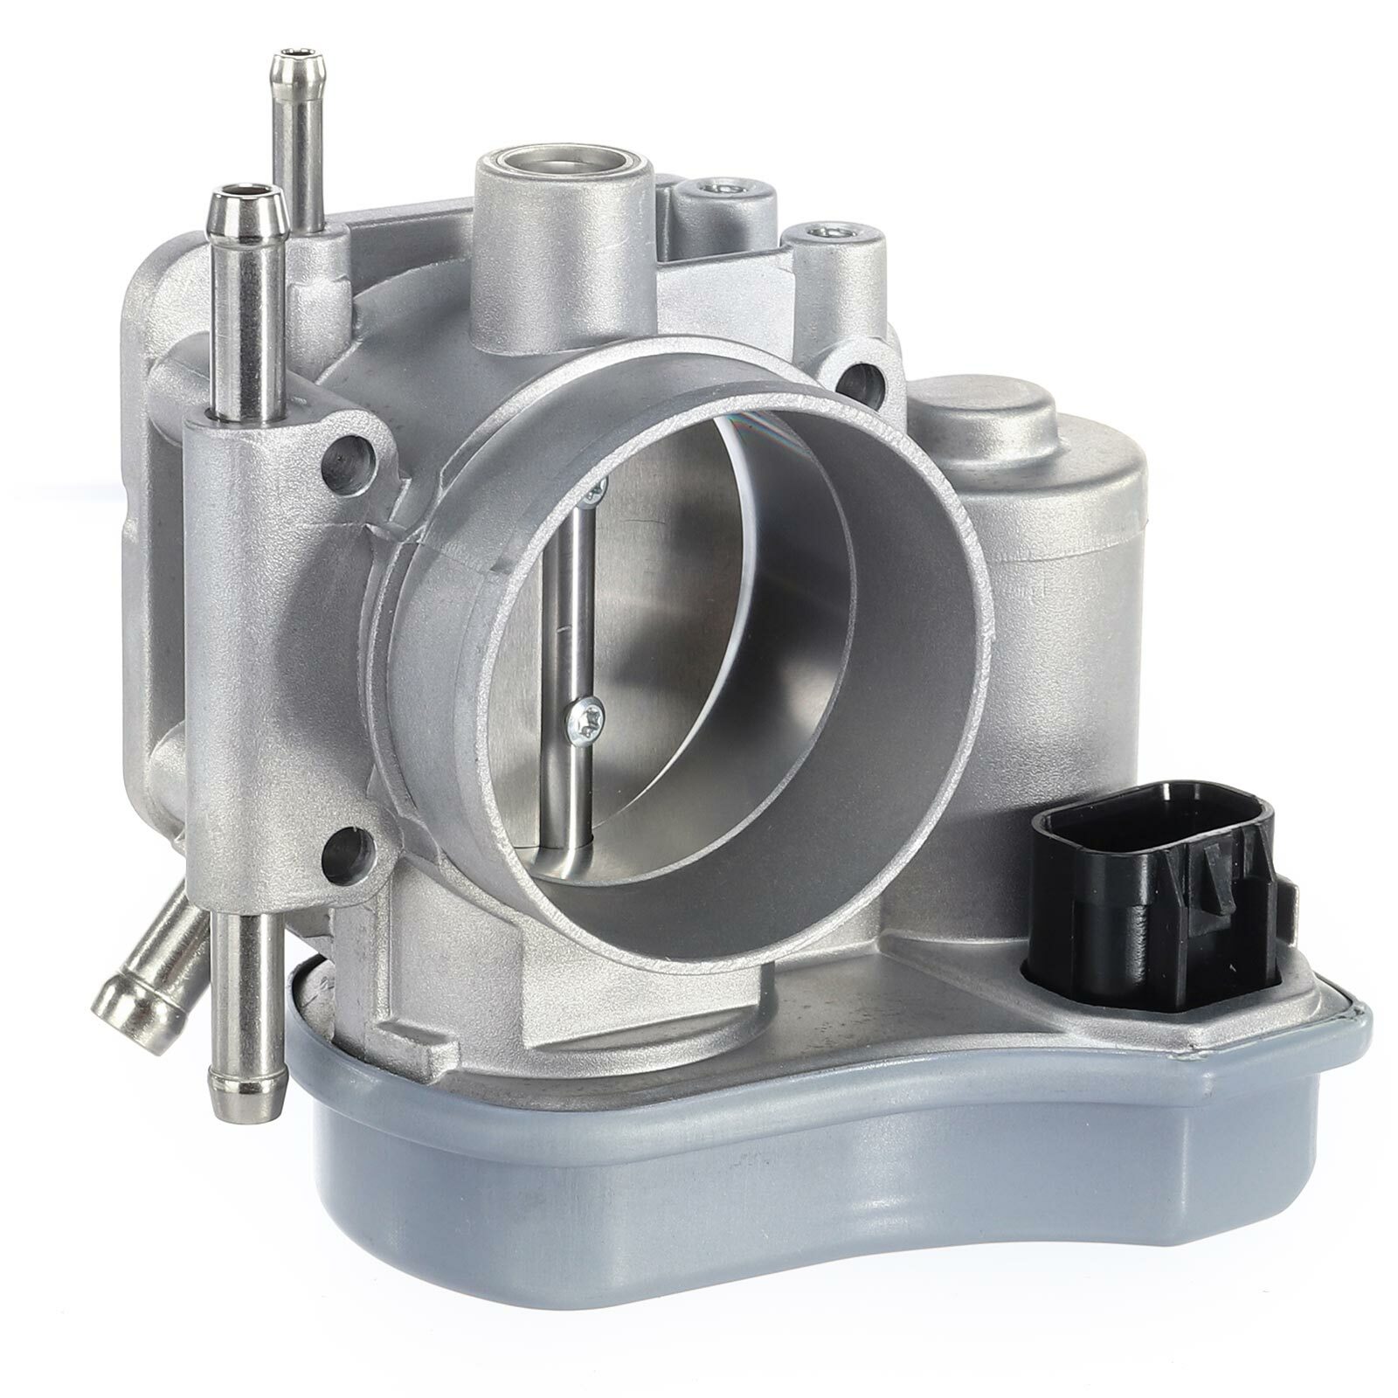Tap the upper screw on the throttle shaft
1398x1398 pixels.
[x=594, y=493]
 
